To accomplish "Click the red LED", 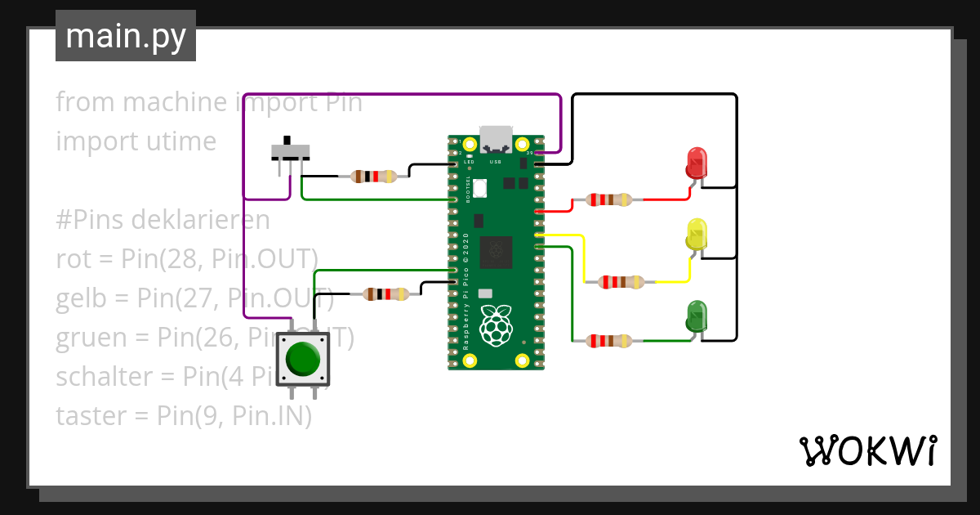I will (x=697, y=163).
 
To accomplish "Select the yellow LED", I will (x=697, y=235).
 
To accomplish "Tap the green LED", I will (x=697, y=316).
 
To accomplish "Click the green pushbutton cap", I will (x=304, y=358).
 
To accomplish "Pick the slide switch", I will (x=290, y=152).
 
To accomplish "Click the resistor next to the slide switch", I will (x=373, y=176).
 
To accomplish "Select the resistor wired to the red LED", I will (x=602, y=199).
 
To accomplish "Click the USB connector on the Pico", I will (x=495, y=138).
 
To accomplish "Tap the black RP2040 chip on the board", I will (x=496, y=252).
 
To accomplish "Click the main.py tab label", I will (x=126, y=36).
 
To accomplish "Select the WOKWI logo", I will (x=866, y=451).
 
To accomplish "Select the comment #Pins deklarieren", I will (x=163, y=220).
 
